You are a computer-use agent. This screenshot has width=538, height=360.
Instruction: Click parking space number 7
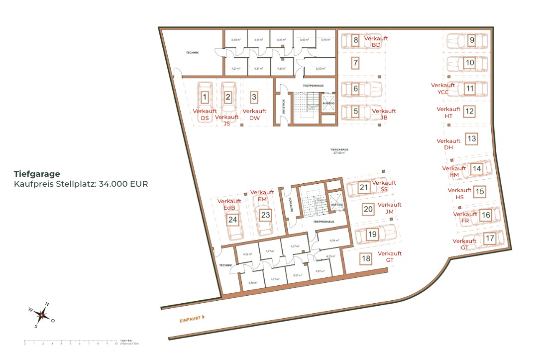coord(355,63)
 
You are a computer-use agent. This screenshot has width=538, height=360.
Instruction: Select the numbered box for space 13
coord(472,139)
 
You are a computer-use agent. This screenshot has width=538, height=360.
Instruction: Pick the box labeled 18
coord(366,258)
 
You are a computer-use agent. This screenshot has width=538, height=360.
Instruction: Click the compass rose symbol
coord(42,315)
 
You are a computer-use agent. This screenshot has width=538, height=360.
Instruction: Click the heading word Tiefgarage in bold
coord(37,174)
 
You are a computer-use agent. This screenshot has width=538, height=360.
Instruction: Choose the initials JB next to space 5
coord(384,118)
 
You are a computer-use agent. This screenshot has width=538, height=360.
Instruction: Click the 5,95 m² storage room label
coord(326,40)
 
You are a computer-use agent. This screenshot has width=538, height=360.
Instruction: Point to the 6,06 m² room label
coord(334,240)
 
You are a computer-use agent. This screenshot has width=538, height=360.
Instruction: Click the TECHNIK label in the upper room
coord(193,52)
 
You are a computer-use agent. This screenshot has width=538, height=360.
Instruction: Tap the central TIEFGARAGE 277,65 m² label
coord(339,151)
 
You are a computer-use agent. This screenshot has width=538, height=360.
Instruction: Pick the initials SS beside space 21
coord(384,190)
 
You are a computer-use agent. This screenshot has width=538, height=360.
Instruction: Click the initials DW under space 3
coord(254,118)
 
